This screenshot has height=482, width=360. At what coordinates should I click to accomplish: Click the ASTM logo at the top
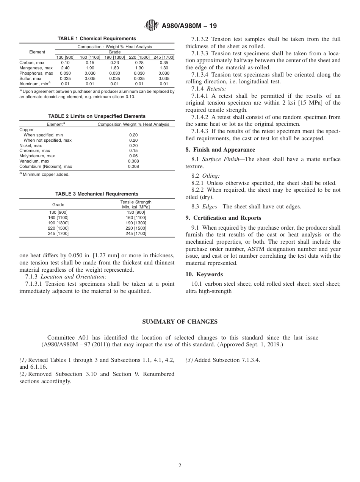click(x=152, y=26)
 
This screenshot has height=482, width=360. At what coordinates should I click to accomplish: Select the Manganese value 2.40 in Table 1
click(x=65, y=68)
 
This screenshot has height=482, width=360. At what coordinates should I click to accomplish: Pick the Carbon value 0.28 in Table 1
click(x=139, y=63)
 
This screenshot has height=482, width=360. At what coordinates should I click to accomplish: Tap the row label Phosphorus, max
click(x=36, y=73)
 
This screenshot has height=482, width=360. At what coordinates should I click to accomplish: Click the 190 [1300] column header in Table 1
click(x=114, y=57)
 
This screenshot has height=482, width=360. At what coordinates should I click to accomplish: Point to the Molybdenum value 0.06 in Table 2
click(x=133, y=156)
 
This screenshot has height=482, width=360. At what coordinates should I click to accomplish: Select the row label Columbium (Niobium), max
click(x=45, y=166)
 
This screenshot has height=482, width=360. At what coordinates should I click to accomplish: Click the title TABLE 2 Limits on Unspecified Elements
click(x=97, y=116)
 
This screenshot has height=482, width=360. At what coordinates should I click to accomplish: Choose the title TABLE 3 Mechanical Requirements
click(x=97, y=194)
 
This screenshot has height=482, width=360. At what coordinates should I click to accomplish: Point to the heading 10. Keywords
click(x=204, y=274)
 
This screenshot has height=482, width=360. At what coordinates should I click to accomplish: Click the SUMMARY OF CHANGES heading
click(x=180, y=322)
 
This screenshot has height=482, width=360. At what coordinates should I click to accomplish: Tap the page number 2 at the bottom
click(x=180, y=466)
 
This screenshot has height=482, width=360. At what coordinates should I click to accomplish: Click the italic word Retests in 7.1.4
click(x=216, y=88)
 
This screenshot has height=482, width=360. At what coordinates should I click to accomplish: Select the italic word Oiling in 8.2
click(x=211, y=176)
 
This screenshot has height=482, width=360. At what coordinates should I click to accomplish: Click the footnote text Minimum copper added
click(x=46, y=174)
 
